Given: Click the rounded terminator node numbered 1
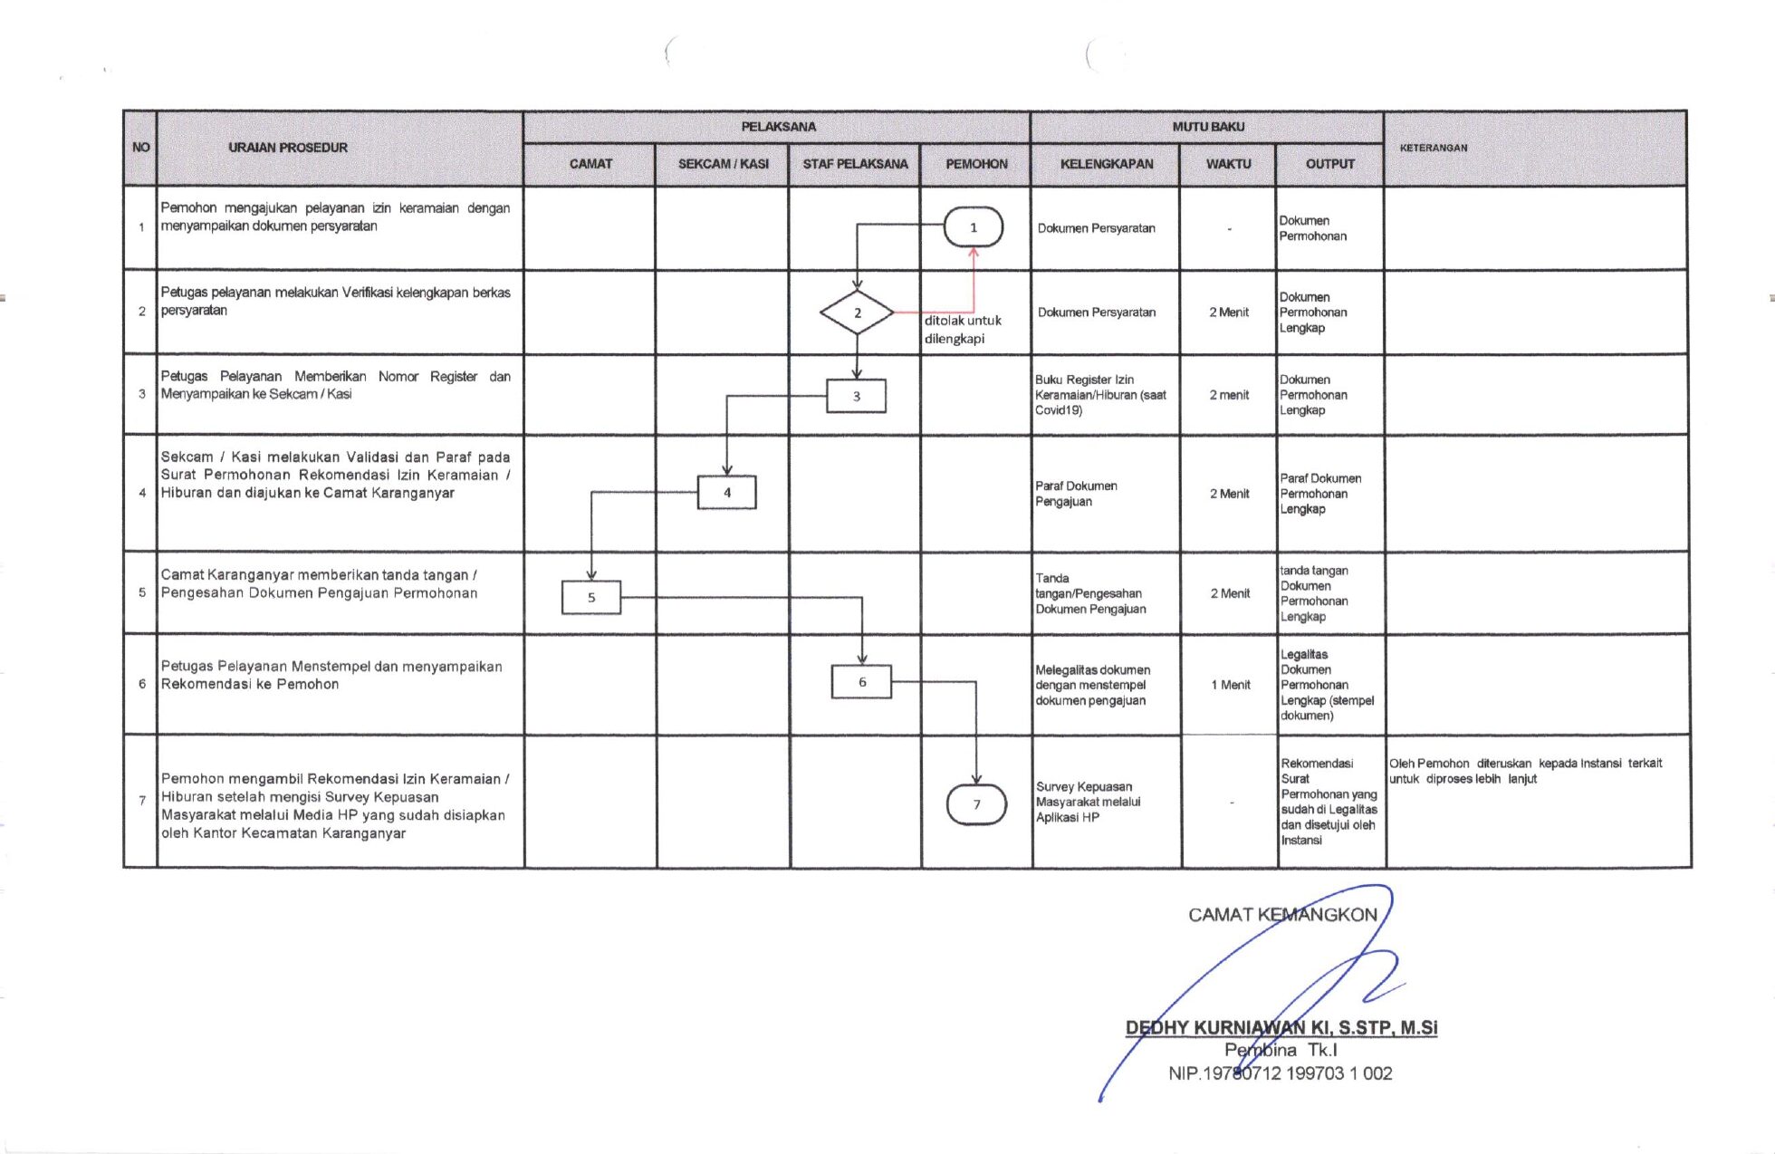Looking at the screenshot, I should click(x=973, y=227).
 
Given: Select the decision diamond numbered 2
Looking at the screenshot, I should click(x=857, y=313).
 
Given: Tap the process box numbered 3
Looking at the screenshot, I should click(x=856, y=396).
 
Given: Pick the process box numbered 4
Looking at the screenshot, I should click(x=726, y=493).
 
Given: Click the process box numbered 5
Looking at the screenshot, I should click(x=591, y=598).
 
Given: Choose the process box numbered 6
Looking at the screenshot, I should click(x=861, y=682).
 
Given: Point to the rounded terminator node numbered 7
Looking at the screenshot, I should click(x=976, y=804).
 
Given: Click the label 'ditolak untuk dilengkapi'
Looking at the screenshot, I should click(x=962, y=330).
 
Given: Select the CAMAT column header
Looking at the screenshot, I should click(x=590, y=164).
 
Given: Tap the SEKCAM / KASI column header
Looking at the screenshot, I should click(x=723, y=164).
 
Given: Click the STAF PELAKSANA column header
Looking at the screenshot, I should click(x=855, y=164).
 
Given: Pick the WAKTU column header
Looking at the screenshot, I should click(x=1228, y=164).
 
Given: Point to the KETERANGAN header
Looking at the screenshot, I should click(x=1434, y=148).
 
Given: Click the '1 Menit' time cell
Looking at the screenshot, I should click(x=1230, y=685).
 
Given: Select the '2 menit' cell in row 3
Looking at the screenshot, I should click(x=1229, y=395).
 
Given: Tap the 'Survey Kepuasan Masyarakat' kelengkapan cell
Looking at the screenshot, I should click(x=1088, y=802).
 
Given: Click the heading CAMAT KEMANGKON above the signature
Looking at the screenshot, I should click(x=1282, y=915).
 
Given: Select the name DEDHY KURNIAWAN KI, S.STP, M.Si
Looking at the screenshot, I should click(x=1281, y=1027).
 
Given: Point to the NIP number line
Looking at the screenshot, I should click(x=1280, y=1073).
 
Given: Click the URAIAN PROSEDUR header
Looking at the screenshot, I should click(x=288, y=148).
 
